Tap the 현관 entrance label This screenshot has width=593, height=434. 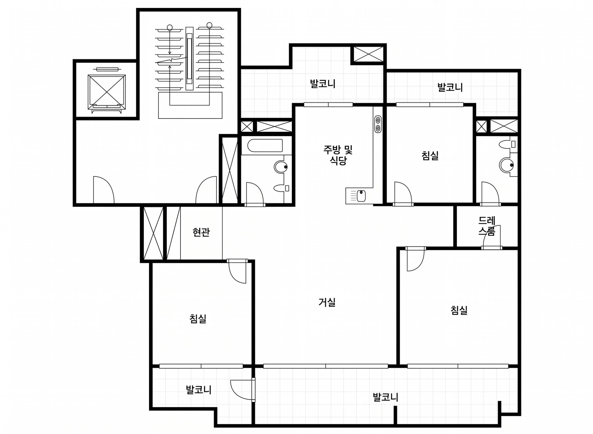tap(201, 232)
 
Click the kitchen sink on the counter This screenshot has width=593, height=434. tap(361, 196)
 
